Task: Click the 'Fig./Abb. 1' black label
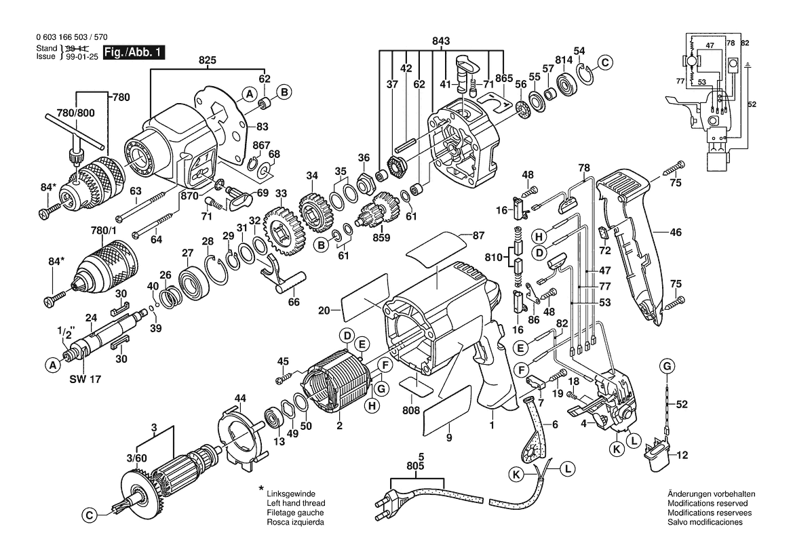[134, 53]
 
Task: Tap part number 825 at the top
[208, 60]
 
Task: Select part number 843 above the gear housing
[441, 41]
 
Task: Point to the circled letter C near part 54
[605, 62]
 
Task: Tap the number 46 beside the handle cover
[676, 233]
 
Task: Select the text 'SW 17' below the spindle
[85, 380]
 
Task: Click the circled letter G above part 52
[667, 366]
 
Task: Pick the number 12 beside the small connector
[682, 456]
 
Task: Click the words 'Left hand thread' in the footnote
[296, 504]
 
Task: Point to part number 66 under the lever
[294, 302]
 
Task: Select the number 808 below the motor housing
[411, 410]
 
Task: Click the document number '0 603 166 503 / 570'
[71, 37]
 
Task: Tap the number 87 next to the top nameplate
[478, 235]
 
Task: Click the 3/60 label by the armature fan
[136, 458]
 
